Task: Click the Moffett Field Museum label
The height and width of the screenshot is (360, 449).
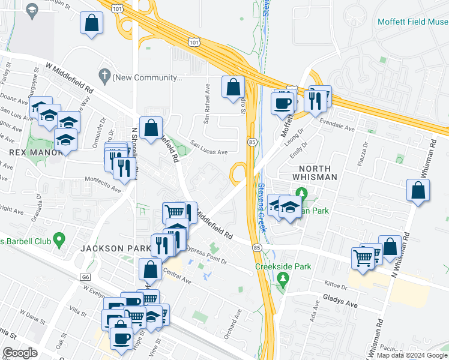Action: [x=412, y=22]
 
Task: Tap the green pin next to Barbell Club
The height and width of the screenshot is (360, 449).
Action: [x=58, y=241]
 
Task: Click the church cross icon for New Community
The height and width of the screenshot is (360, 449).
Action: [x=105, y=76]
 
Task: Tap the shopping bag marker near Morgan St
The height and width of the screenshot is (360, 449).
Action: [x=91, y=23]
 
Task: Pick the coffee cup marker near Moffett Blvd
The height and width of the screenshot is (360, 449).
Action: [x=282, y=102]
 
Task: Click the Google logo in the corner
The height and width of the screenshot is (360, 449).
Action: [x=20, y=353]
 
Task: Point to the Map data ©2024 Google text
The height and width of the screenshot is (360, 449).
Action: [x=411, y=355]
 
